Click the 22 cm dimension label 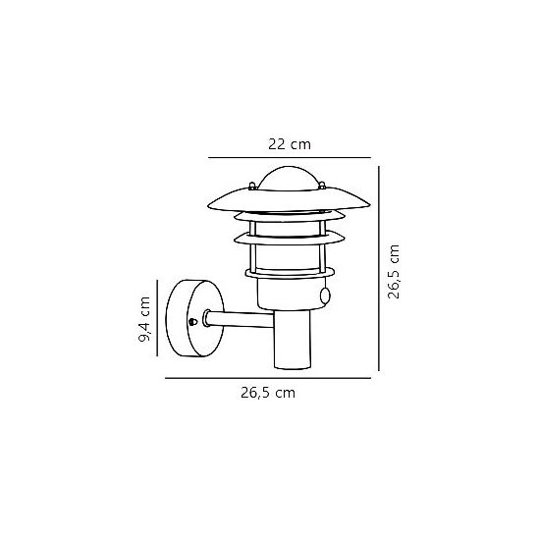290,144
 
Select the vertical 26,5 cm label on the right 394,272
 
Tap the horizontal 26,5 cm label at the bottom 268,393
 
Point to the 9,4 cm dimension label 144,319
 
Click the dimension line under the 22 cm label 290,157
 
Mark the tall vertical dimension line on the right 379,268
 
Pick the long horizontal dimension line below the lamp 268,378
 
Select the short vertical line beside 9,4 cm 157,318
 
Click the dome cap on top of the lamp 289,179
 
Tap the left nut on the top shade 252,186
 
